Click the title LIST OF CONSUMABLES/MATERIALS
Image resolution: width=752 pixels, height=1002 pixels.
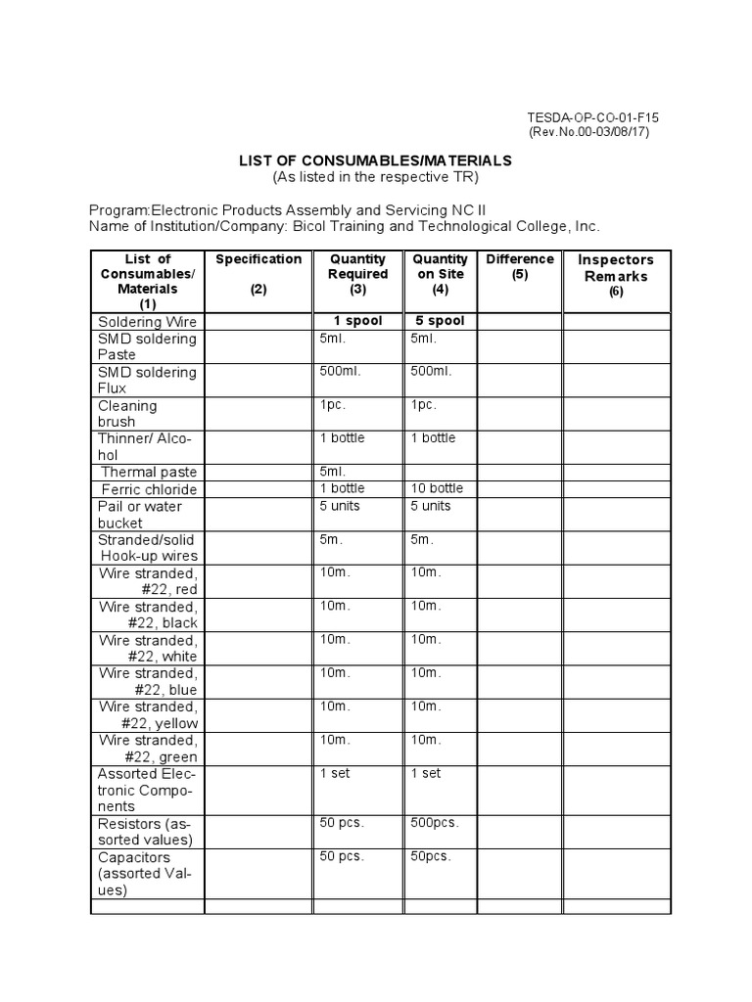tap(376, 160)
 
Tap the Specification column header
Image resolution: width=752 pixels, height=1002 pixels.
tap(258, 259)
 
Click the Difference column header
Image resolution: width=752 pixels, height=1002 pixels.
tap(519, 266)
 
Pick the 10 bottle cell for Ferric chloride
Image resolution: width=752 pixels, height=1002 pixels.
tap(437, 488)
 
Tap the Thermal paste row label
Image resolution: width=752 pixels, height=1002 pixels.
tap(149, 473)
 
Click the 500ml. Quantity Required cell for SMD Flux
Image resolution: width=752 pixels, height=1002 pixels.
tap(342, 372)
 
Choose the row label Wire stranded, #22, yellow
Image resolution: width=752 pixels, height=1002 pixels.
tap(148, 714)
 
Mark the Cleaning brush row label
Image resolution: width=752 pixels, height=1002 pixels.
tap(127, 413)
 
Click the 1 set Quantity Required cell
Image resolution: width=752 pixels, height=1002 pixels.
tap(336, 773)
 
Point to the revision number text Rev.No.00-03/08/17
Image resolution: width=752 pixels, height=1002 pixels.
tap(588, 132)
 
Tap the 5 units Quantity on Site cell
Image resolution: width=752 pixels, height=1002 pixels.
tap(431, 506)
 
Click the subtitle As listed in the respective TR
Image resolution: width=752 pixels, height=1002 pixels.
tap(376, 177)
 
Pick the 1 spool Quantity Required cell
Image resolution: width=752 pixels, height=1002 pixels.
tap(357, 321)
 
